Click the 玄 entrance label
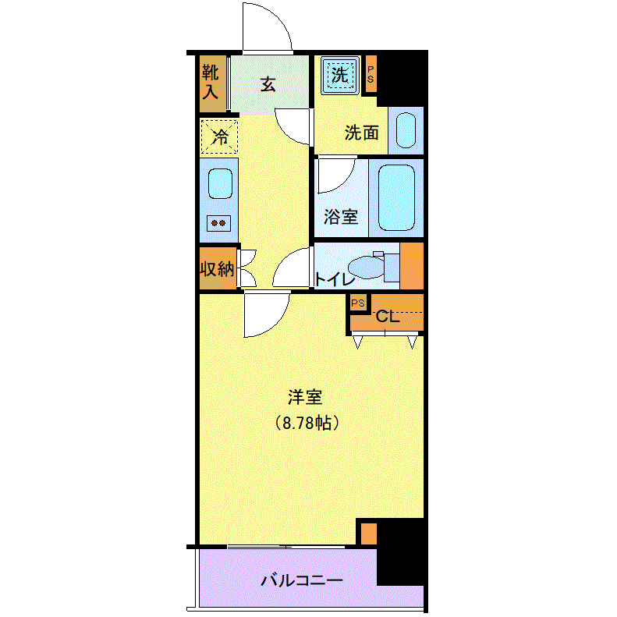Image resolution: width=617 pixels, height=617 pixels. click(268, 84)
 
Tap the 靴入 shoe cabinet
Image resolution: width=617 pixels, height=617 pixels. click(213, 83)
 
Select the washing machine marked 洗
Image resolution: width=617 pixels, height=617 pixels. click(340, 75)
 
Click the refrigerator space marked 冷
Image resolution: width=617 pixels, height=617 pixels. click(219, 137)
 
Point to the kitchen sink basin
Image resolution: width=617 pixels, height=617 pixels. click(220, 184)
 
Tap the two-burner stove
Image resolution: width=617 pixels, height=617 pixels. click(218, 224)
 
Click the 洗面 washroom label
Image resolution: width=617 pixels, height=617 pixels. click(362, 133)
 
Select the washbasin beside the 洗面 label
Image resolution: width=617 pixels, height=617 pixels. click(406, 130)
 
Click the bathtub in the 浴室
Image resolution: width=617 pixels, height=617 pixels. click(396, 197)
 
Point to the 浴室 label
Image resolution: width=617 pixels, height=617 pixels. click(341, 217)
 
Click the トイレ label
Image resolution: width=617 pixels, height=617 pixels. click(335, 279)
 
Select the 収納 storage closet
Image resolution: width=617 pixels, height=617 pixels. click(218, 268)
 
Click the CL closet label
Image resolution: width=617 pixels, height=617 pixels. click(388, 317)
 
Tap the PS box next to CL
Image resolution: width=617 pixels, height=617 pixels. click(358, 303)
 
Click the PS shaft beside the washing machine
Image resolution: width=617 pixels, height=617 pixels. click(371, 74)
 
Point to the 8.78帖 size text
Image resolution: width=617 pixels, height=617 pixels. click(307, 423)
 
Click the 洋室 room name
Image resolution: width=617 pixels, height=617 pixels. click(305, 397)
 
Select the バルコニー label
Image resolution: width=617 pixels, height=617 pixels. click(302, 580)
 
